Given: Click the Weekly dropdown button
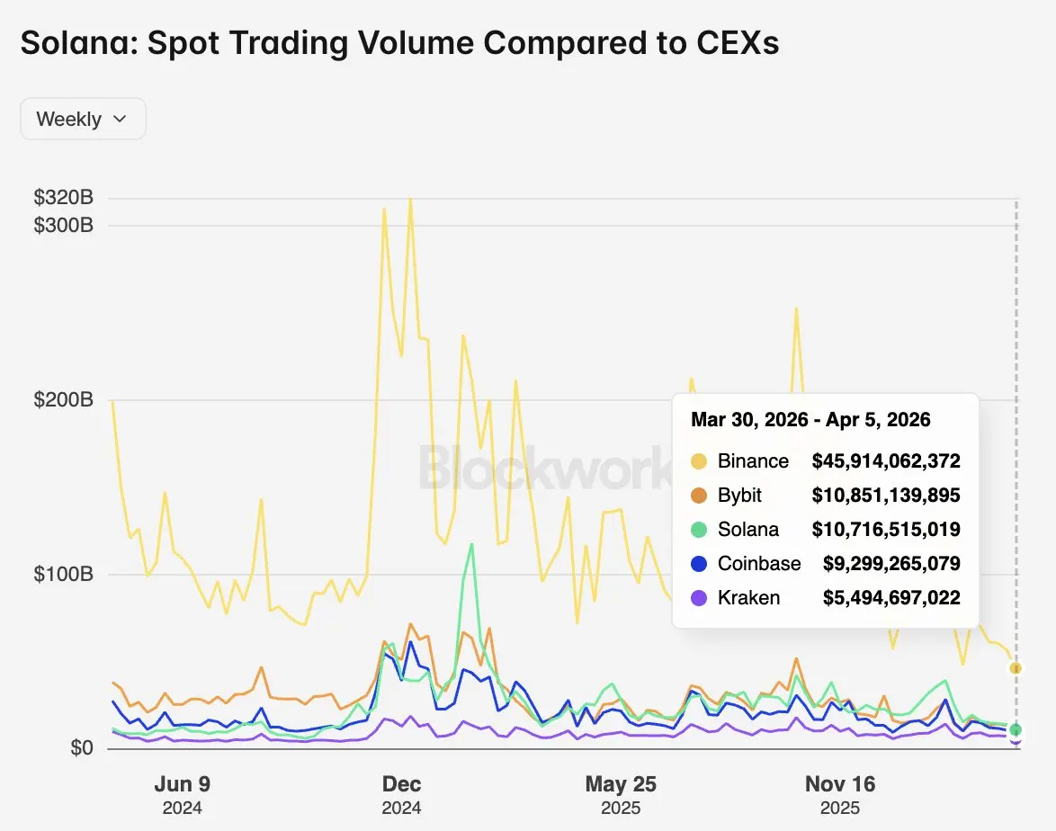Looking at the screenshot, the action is pos(83,120).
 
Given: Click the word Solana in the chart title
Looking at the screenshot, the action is pos(76,42).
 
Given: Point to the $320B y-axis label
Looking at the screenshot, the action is pos(63,197).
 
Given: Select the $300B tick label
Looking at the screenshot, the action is pos(63,225).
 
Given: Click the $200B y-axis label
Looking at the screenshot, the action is pos(63,399).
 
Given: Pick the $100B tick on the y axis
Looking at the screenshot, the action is pos(63,574).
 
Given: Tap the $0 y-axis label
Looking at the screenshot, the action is pos(82,747).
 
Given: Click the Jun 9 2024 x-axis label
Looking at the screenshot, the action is pos(183,795).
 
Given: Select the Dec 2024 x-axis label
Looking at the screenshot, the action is pos(401,795).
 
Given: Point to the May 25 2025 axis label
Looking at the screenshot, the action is pos(621,795).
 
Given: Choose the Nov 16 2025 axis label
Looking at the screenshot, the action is pos(840,795).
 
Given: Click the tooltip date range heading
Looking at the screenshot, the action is pos(810,419).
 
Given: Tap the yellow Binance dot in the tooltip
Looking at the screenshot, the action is pos(699,461).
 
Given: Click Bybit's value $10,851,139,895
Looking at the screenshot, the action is pos(886,496).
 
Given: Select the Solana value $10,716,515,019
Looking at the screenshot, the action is pos(886,530).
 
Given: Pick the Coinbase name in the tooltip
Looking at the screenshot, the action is pos(760,564).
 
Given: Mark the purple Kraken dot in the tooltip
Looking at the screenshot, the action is pos(699,598).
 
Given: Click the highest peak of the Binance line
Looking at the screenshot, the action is pos(410,200).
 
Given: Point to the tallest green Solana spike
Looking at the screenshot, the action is pos(471,545).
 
